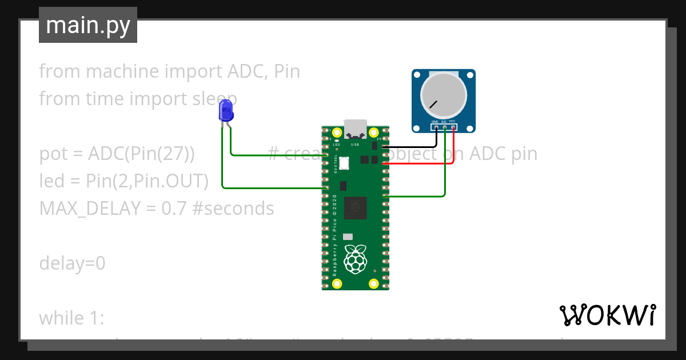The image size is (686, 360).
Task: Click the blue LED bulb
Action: click(226, 110)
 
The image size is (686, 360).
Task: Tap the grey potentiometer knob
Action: click(444, 93)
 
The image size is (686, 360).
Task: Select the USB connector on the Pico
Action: click(355, 129)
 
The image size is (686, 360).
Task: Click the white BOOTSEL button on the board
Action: click(344, 163)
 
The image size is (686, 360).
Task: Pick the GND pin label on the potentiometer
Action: click(435, 122)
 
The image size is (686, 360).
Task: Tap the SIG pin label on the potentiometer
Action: click(444, 122)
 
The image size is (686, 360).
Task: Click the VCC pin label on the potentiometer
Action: click(452, 122)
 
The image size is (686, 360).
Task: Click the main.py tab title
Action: click(88, 26)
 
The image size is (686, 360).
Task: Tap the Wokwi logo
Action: click(607, 315)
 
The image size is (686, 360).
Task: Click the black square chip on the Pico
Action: click(358, 207)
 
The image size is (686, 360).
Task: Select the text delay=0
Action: click(72, 263)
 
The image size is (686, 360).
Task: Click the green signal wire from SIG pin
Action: click(445, 171)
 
